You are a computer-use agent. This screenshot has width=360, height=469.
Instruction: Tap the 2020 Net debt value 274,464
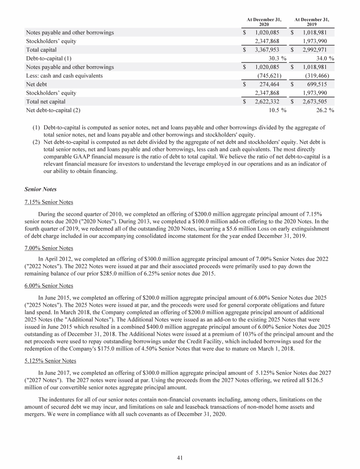pos(269,84)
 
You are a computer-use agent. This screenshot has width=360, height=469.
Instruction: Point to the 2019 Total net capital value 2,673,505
pos(314,101)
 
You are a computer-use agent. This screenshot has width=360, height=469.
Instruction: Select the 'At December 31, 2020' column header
pos(264,22)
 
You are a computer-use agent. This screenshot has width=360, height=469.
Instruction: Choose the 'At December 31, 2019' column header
pos(311,22)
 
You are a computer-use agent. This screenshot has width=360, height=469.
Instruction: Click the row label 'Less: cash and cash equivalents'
pos(65,76)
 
